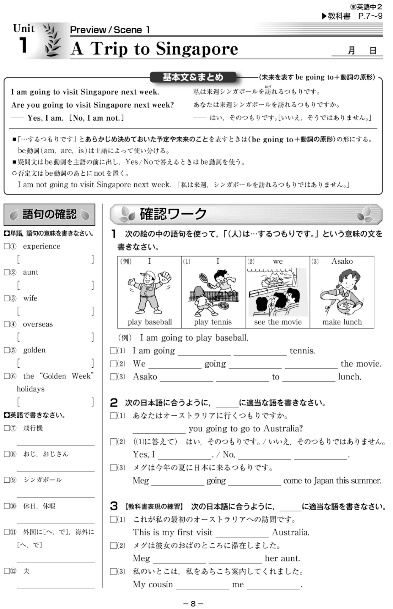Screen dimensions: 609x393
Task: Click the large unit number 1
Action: pos(23,45)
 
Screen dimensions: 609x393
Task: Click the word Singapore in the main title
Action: pos(197,49)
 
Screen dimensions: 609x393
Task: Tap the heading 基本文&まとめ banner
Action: pos(193,77)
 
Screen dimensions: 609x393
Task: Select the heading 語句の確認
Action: pos(49,214)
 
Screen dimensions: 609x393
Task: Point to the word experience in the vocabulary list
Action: pos(42,246)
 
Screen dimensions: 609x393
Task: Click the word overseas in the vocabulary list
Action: pos(38,324)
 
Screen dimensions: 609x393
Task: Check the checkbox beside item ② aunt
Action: pos(7,272)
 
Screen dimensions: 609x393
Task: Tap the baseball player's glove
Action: pos(165,276)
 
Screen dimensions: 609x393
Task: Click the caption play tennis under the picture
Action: pos(213,322)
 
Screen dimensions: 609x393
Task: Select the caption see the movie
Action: pos(278,322)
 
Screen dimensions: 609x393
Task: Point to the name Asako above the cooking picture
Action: pos(342,261)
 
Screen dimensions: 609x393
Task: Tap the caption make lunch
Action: pos(342,322)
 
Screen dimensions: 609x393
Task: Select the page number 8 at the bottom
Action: pos(193,603)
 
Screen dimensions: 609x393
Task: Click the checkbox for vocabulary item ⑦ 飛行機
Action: pos(7,428)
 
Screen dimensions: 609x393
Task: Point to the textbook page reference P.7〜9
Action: pos(370,16)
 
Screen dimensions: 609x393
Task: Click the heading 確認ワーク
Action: pos(173,214)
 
